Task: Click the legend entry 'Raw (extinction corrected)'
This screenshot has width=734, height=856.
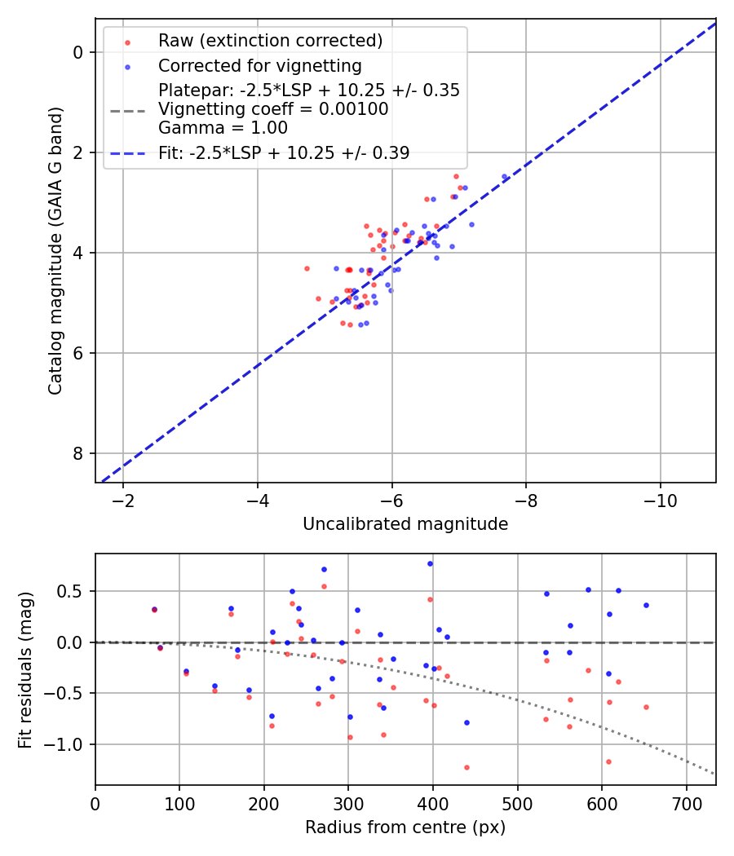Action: (x=270, y=41)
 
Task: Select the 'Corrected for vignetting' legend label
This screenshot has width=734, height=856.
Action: (x=259, y=65)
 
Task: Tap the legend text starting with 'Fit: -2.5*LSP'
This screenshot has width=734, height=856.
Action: (x=284, y=152)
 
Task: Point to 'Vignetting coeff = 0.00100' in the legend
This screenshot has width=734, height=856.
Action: (x=273, y=109)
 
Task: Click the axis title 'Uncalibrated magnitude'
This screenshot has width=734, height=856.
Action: (x=405, y=524)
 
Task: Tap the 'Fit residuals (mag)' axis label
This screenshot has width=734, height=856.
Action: (x=25, y=669)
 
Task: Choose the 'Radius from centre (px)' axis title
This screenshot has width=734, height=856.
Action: (x=405, y=827)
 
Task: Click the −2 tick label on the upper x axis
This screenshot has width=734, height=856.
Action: (x=123, y=500)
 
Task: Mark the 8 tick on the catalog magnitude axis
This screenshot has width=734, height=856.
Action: (x=79, y=453)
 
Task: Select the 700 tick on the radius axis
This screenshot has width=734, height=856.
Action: (x=686, y=801)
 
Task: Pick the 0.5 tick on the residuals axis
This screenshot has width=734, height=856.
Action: (x=73, y=590)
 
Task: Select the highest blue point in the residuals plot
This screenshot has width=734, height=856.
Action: (x=430, y=563)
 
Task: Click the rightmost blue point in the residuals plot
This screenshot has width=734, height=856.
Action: (x=646, y=605)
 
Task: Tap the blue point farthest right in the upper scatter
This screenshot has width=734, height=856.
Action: (x=504, y=176)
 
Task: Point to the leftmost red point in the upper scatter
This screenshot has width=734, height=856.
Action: (x=307, y=268)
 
